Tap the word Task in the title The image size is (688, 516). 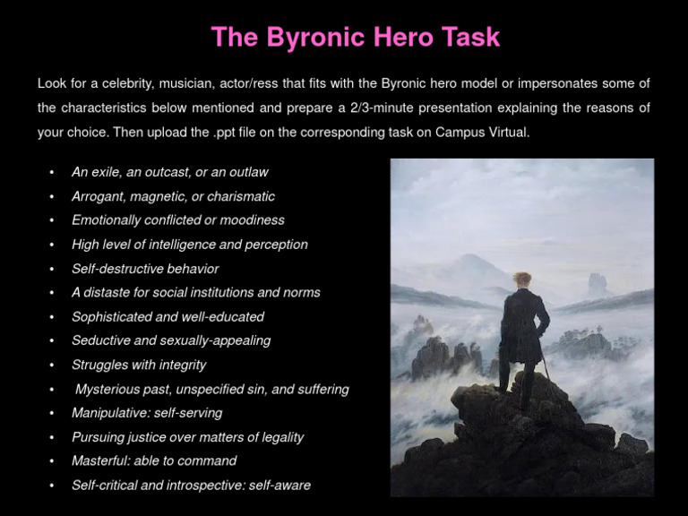[x=465, y=38]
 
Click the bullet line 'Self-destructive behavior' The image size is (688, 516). [x=145, y=269]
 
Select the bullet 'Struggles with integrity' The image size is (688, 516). [x=139, y=365]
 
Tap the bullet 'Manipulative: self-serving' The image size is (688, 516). [x=147, y=413]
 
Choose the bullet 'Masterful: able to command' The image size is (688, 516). [x=154, y=460]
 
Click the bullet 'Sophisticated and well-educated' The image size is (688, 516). [x=168, y=316]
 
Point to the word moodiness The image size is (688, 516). [x=254, y=220]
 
